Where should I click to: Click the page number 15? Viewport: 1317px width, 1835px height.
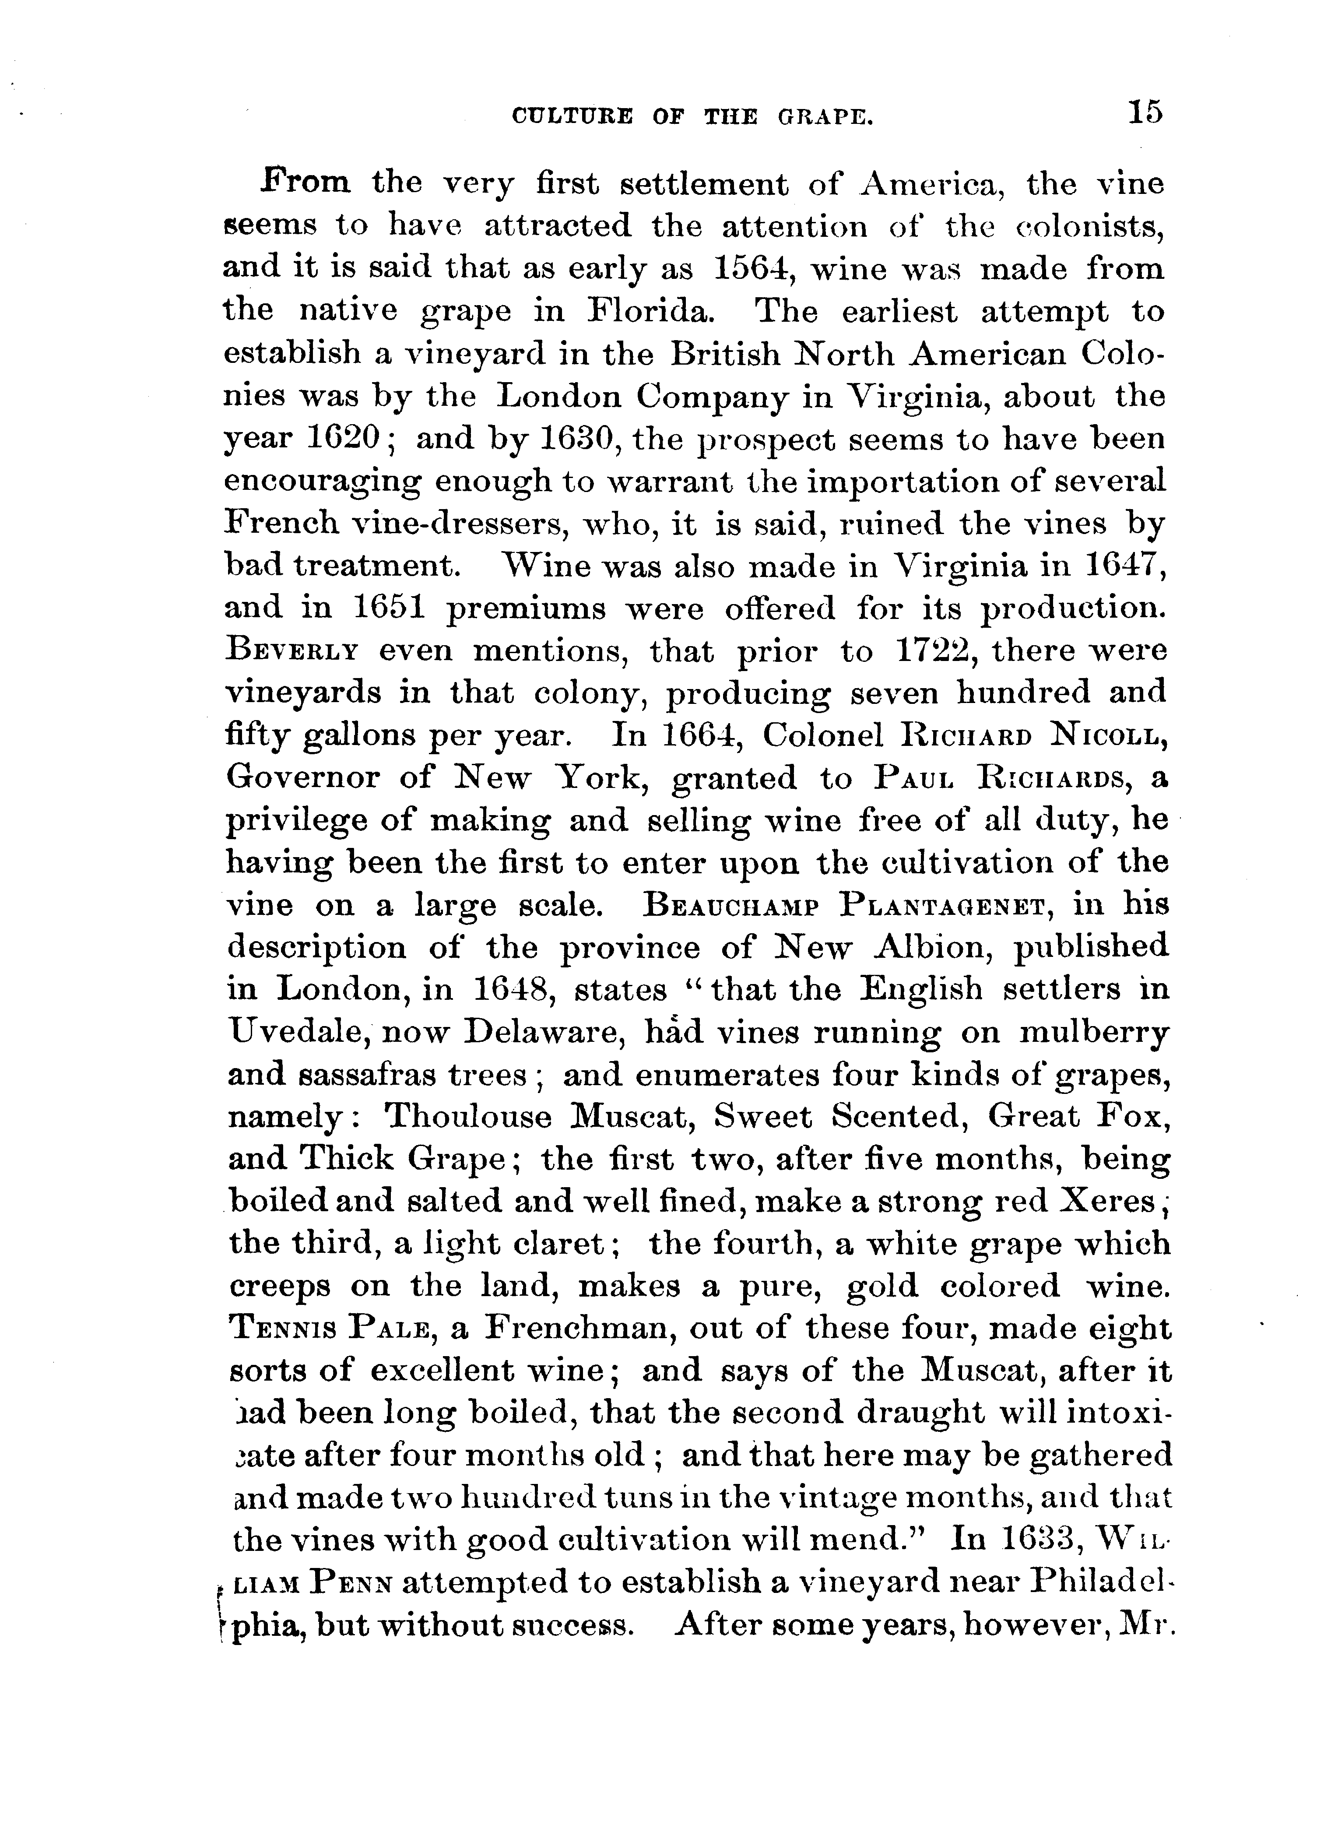coord(1141,111)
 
